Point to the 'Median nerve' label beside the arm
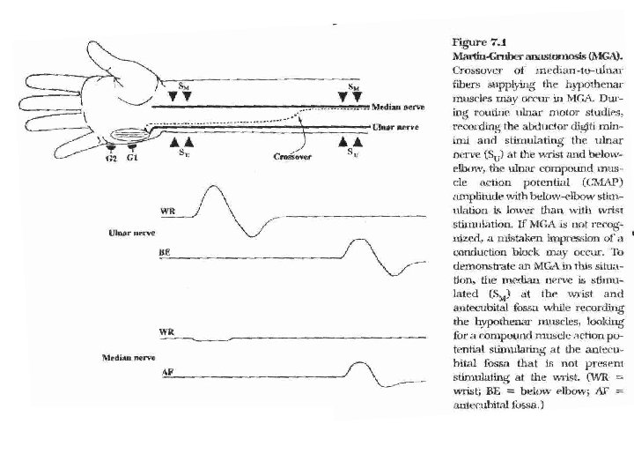coord(398,107)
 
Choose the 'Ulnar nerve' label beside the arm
coord(395,127)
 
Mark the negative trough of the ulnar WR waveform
coord(254,234)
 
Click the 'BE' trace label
coord(164,252)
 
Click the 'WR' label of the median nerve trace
coord(166,331)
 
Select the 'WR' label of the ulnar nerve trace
coord(166,210)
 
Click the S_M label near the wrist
coord(181,86)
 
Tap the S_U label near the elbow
coord(351,152)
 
